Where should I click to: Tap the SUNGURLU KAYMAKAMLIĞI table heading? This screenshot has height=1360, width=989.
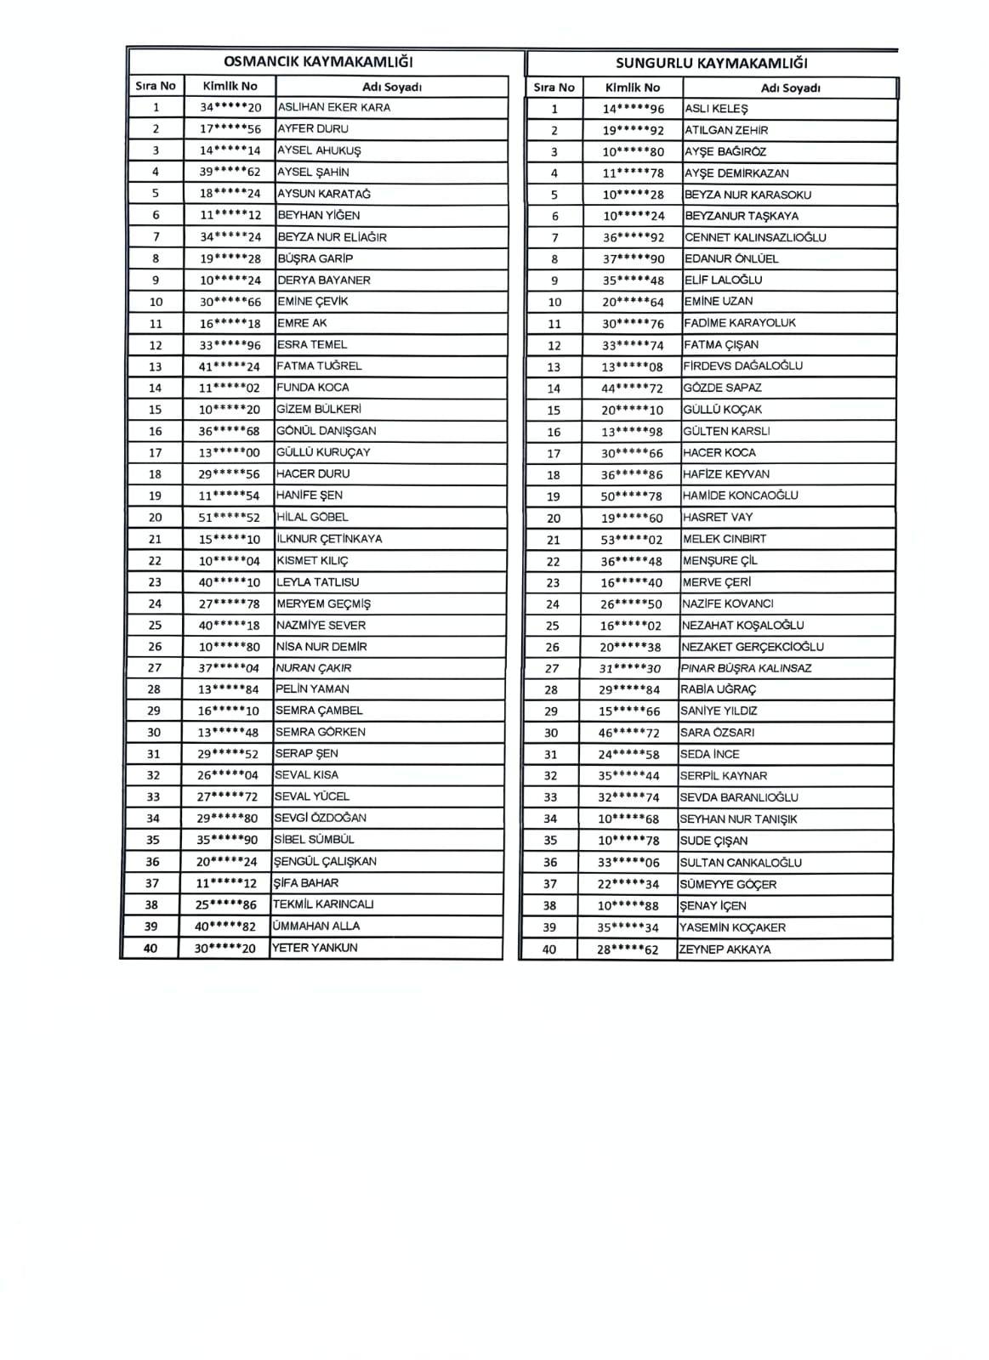pos(711,63)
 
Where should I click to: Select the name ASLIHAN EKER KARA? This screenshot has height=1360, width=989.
pos(334,108)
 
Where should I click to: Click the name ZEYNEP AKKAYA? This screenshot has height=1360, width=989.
pos(725,949)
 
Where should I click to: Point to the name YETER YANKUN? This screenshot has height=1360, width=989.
pos(315,948)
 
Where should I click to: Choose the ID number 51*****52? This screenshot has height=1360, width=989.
pos(230,518)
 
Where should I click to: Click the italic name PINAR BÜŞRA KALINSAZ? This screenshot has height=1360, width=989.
pos(746,668)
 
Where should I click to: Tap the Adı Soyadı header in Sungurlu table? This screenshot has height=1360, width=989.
pos(790,88)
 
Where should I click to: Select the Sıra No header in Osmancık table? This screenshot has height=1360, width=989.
pos(156,86)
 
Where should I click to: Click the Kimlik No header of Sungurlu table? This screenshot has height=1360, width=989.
pos(632,88)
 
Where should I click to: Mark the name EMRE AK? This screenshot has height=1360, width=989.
pos(302,323)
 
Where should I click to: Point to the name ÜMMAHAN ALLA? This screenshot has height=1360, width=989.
pos(315,926)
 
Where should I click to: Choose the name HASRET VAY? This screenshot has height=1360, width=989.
pos(718,518)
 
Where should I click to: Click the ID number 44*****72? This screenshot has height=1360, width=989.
pos(632,388)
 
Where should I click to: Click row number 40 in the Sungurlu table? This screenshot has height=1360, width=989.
pos(549,949)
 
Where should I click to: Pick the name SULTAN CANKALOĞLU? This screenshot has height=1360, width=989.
pos(741,863)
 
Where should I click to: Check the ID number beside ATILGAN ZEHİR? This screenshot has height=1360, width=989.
pos(634,131)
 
